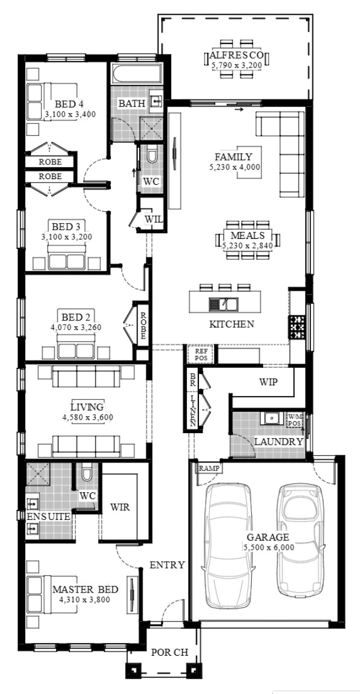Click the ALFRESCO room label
(x=237, y=55)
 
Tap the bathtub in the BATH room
(x=137, y=74)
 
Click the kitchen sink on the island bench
(x=223, y=304)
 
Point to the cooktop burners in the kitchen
(x=297, y=327)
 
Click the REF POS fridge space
(x=201, y=354)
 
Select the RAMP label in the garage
(x=209, y=469)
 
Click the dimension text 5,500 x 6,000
(x=269, y=548)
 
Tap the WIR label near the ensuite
(x=120, y=507)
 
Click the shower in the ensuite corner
(x=38, y=474)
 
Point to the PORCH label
(x=170, y=652)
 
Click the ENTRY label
(x=167, y=565)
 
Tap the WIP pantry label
(x=268, y=382)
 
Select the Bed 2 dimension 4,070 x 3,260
(x=76, y=327)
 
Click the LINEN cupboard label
(x=193, y=411)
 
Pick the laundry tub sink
(x=272, y=418)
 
